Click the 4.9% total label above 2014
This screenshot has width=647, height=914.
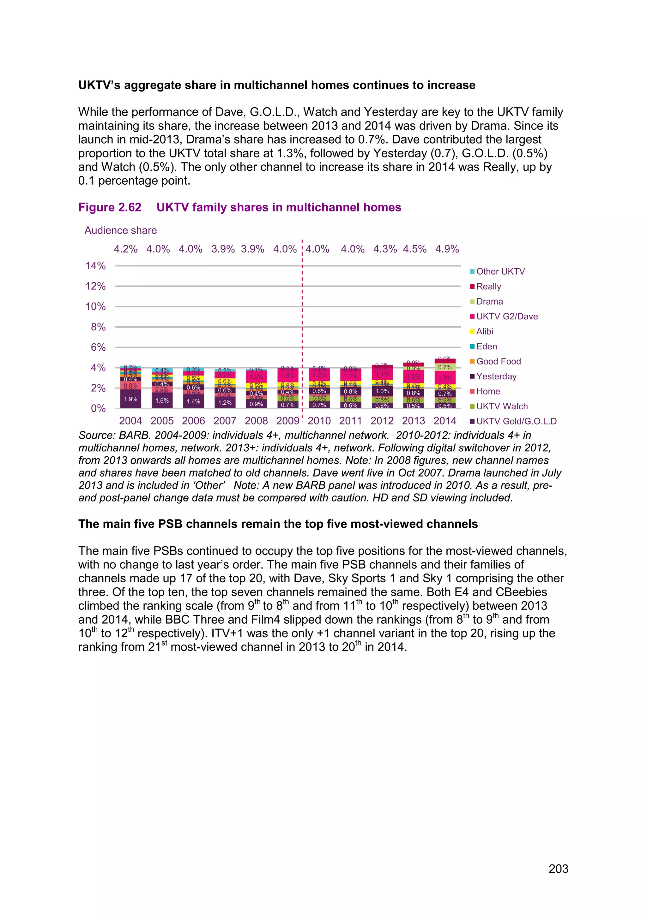[x=447, y=249]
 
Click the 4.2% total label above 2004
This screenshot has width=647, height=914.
[x=125, y=249]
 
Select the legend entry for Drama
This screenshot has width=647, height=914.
[x=489, y=301]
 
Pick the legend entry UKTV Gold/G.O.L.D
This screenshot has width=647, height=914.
[x=516, y=421]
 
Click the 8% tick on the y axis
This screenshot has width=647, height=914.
[x=98, y=327]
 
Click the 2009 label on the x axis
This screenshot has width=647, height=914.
[x=288, y=421]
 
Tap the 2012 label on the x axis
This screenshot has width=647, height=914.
[x=382, y=421]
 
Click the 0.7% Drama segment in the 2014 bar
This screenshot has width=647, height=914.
[x=445, y=367]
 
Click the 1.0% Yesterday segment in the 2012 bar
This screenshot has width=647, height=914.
[x=382, y=391]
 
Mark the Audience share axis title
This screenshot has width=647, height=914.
[x=120, y=230]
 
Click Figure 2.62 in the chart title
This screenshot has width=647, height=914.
[x=110, y=207]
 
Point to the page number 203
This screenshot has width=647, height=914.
[x=558, y=869]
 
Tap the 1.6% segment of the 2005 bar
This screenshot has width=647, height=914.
[x=162, y=401]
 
